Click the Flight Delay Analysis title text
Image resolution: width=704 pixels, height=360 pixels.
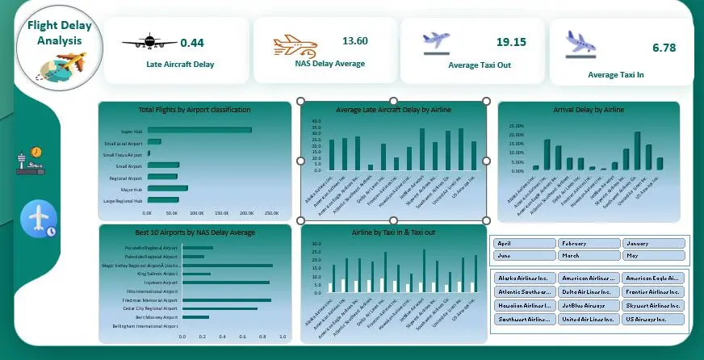60,33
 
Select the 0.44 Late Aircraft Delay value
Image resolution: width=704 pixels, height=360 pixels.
192,43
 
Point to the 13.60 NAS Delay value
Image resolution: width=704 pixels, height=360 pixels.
355,40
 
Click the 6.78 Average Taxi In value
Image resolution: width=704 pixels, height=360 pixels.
664,48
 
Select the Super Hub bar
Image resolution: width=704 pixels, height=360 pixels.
199,130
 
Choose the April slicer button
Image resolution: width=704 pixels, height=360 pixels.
524,243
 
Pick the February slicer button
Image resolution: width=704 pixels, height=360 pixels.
589,243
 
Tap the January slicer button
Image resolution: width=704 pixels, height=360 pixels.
653,243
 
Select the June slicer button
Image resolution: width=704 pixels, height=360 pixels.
524,256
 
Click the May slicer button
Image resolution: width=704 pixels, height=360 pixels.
653,256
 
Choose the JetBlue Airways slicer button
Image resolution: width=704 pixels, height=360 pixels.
589,306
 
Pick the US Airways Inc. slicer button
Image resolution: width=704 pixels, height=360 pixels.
653,320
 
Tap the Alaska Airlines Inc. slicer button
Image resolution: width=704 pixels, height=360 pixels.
524,278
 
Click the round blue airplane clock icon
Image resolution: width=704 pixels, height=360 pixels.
38,220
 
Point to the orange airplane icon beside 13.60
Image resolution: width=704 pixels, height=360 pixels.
290,47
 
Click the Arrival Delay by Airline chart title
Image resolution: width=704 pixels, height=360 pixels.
589,110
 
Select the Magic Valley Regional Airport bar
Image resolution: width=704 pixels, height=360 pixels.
228,265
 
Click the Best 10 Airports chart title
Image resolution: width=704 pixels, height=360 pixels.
195,232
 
